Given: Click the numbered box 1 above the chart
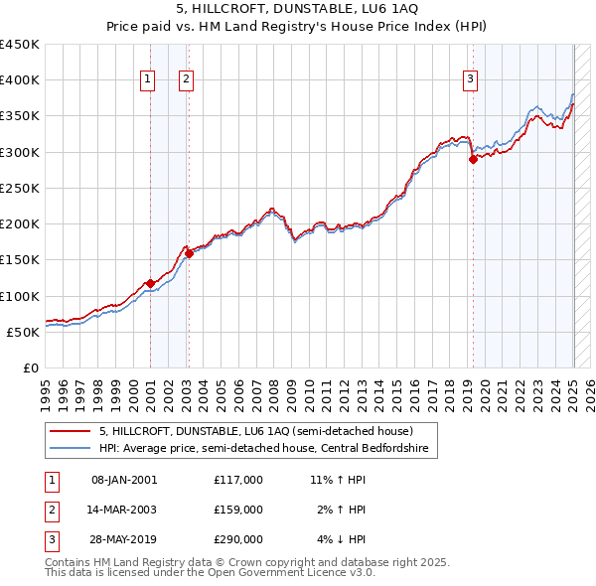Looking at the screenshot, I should coord(147,80).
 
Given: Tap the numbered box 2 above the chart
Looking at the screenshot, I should coord(186,80).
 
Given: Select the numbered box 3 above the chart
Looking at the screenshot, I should coord(469,80).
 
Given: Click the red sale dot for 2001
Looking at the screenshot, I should coord(150,283).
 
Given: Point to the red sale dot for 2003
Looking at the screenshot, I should coord(189,253).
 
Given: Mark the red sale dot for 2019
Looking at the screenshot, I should coord(473,159).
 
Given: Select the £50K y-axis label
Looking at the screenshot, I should coord(24,332).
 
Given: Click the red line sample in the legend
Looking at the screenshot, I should coord(70,431).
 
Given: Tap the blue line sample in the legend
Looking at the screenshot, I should coord(70,448).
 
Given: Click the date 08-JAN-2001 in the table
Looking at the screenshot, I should coord(124,480).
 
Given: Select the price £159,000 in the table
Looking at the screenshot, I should coord(237,510).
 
